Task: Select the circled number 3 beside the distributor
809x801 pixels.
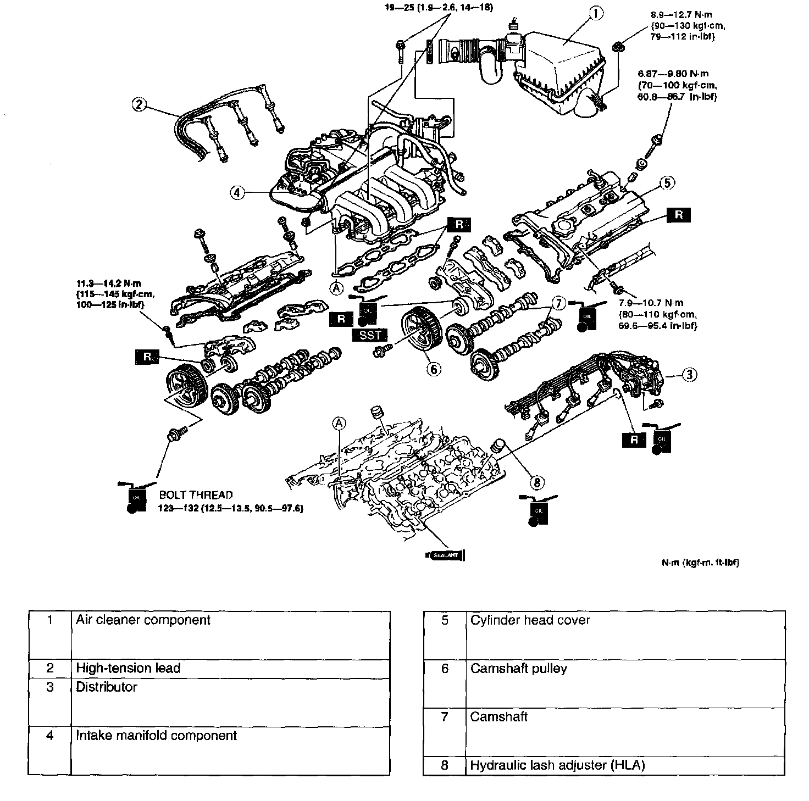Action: pyautogui.click(x=690, y=375)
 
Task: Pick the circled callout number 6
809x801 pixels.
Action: pyautogui.click(x=434, y=369)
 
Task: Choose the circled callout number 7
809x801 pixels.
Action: pyautogui.click(x=558, y=303)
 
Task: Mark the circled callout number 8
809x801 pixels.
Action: pyautogui.click(x=537, y=482)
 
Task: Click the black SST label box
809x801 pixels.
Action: pyautogui.click(x=370, y=335)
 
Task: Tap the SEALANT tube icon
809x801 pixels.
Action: pyautogui.click(x=445, y=555)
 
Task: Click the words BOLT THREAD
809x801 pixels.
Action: pyautogui.click(x=196, y=495)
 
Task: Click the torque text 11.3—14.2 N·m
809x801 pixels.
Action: pyautogui.click(x=109, y=284)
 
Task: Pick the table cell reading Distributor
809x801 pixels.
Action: pyautogui.click(x=106, y=687)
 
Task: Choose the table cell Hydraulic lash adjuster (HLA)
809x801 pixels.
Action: pyautogui.click(x=557, y=765)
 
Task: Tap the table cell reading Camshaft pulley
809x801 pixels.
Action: pyautogui.click(x=518, y=669)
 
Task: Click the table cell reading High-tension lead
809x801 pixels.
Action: pyautogui.click(x=128, y=668)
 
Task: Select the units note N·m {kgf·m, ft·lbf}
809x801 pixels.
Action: pyautogui.click(x=700, y=563)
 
